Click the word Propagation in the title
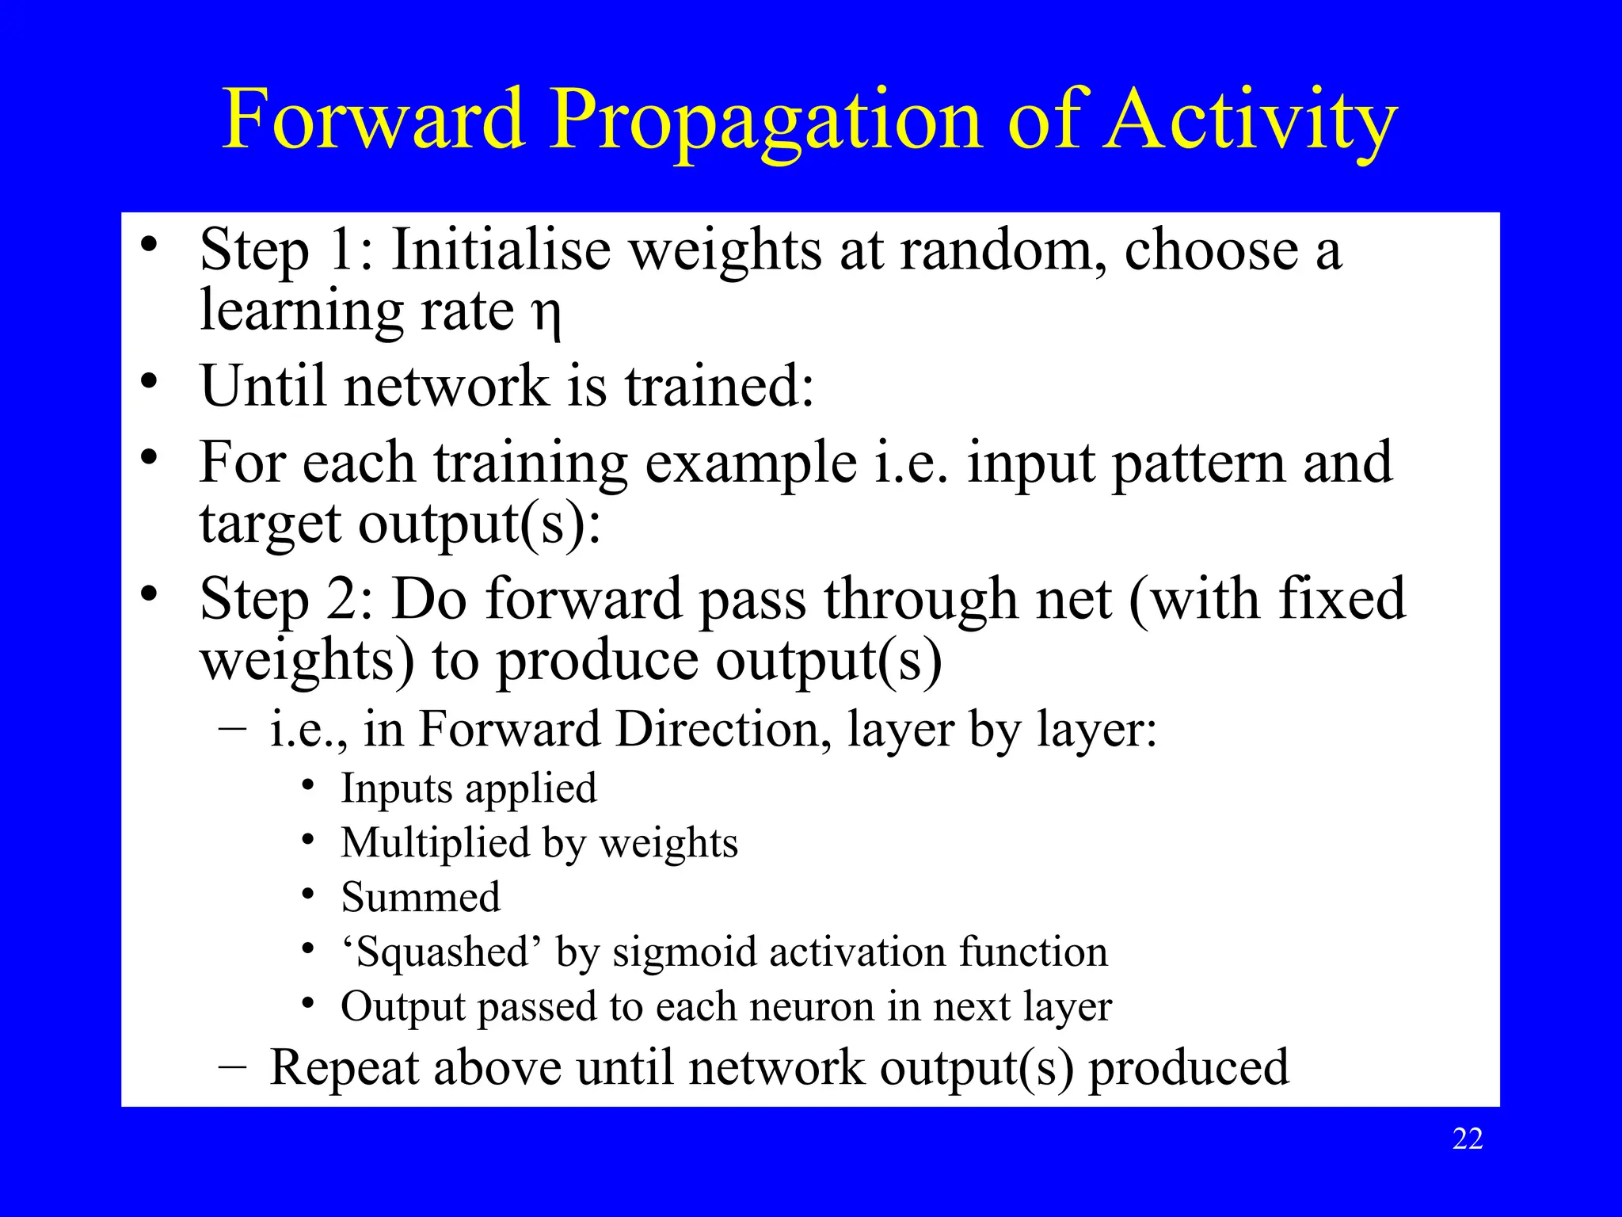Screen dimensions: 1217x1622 (x=765, y=120)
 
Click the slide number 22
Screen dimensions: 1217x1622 (x=1468, y=1139)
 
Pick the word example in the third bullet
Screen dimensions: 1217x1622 (x=751, y=464)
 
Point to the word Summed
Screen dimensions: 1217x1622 (x=421, y=898)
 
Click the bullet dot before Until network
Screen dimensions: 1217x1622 (x=149, y=382)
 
